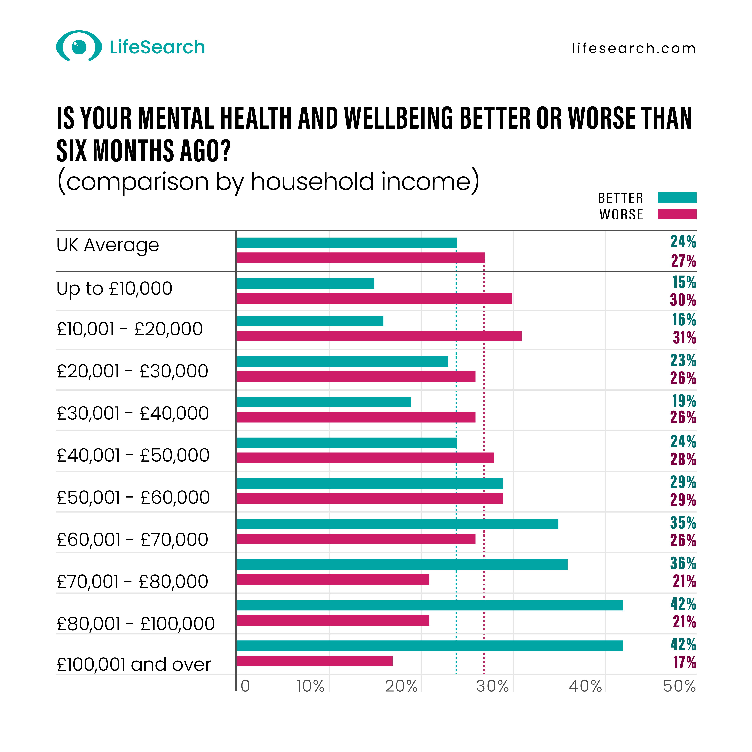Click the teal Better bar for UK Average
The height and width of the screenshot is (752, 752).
coord(346,243)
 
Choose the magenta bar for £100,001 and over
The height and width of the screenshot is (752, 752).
coord(314,661)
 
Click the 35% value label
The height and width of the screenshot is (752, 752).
coord(683,523)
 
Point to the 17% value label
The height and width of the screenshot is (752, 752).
coord(685,662)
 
